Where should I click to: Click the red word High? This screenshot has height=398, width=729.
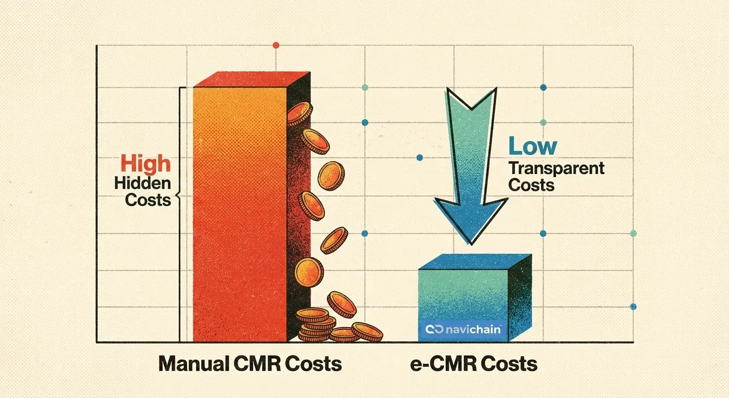(145, 164)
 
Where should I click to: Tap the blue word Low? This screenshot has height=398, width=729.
(533, 147)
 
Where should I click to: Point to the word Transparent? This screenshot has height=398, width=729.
(557, 168)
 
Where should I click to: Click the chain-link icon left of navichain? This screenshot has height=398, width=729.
(431, 329)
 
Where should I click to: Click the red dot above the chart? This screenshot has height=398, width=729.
(275, 46)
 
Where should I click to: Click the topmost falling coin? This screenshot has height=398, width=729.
(299, 113)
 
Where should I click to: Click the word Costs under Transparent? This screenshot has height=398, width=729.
(531, 185)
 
